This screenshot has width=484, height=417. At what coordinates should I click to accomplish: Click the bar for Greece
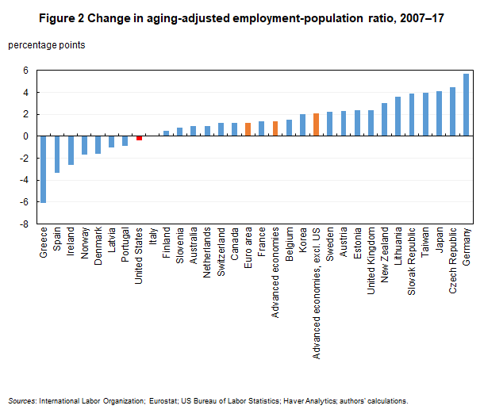(x=43, y=169)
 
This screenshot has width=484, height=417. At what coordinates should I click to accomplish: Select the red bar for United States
(x=139, y=138)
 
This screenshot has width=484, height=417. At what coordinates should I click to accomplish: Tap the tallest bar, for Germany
(x=466, y=105)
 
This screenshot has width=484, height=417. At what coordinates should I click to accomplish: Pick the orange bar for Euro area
(x=248, y=129)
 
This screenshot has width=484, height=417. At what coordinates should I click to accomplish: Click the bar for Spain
(x=56, y=154)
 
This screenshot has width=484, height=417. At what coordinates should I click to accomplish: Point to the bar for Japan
(x=439, y=113)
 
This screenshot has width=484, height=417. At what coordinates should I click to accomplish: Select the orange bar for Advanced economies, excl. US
(x=316, y=124)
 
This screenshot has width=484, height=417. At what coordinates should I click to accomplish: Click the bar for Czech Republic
(x=452, y=112)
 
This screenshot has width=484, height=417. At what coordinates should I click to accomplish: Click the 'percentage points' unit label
(x=47, y=45)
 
